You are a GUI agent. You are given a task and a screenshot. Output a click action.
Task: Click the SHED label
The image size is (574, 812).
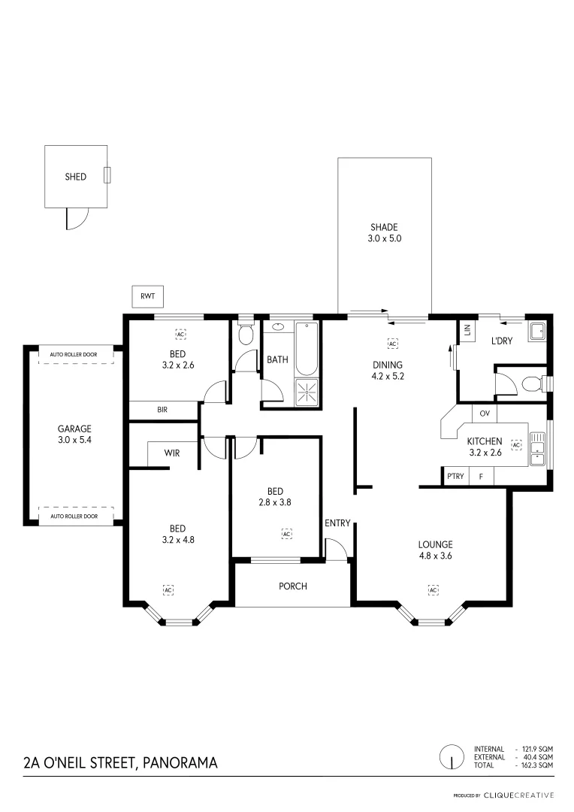pos(75,177)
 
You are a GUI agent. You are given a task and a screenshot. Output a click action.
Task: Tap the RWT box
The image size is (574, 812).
pos(147,297)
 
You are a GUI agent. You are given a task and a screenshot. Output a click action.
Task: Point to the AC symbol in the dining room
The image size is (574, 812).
pos(392,344)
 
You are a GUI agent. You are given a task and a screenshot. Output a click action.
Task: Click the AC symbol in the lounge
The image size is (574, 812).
pos(433,590)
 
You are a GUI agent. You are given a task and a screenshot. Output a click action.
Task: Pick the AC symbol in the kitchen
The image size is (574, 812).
pos(516,445)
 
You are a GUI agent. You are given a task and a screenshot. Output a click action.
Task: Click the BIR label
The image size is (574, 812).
pos(162,411)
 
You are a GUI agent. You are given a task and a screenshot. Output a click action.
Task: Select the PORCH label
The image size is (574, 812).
pos(292,586)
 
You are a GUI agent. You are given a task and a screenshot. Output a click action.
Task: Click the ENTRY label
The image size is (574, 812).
pos(337,523)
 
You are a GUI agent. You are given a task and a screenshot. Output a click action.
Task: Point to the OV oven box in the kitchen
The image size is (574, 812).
pos(484,414)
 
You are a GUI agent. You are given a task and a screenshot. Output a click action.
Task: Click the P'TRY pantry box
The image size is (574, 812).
pos(455,477)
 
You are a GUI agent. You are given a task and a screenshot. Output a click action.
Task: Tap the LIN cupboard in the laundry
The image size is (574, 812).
pos(467,330)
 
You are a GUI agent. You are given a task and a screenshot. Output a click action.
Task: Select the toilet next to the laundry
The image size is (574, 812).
pos(531,383)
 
